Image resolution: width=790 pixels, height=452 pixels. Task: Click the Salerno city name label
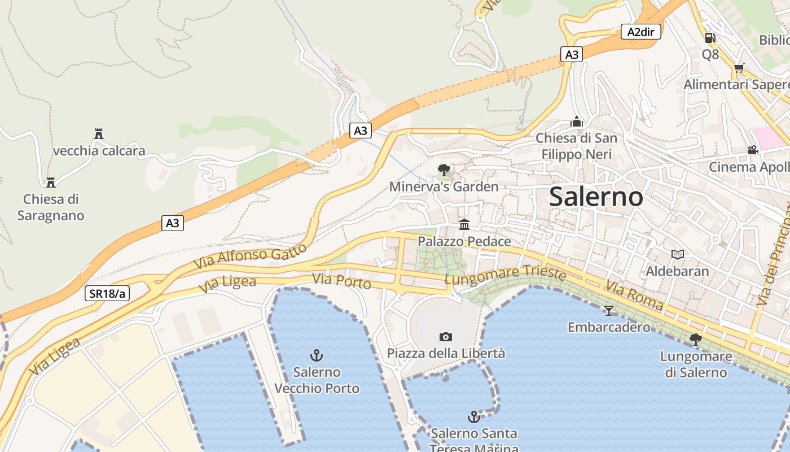tap(596, 197)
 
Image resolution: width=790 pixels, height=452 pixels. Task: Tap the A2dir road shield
tap(640, 32)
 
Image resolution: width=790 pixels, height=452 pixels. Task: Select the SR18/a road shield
tap(107, 293)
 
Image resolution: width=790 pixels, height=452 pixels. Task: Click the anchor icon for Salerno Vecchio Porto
tap(317, 355)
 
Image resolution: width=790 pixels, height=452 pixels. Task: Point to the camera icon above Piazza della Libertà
tap(446, 337)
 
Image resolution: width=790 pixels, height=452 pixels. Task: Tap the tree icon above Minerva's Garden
tap(444, 169)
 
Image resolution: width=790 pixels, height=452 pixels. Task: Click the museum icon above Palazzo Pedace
tap(464, 225)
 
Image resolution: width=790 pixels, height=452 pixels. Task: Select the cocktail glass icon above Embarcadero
tap(609, 310)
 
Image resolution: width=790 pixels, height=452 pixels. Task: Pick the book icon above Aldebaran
tap(678, 254)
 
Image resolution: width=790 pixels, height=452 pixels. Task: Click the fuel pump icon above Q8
tap(710, 38)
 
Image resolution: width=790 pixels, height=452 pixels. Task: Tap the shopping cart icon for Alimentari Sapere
tap(739, 68)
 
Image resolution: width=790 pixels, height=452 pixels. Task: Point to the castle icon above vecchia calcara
tap(99, 134)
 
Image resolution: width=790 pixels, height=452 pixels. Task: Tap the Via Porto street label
tap(341, 280)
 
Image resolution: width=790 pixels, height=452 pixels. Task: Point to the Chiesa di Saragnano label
tap(51, 207)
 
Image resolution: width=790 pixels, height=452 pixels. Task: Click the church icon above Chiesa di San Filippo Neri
tap(576, 121)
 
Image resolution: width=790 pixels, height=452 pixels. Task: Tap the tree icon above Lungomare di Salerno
tap(696, 340)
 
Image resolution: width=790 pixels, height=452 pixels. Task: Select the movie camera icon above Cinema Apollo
tap(753, 150)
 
